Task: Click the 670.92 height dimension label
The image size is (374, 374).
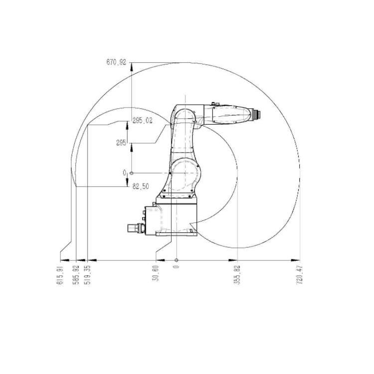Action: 116,62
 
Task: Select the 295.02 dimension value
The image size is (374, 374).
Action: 143,121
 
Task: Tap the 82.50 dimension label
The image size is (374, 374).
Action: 141,187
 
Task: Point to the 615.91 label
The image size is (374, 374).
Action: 60,275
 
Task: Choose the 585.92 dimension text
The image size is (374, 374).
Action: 76,275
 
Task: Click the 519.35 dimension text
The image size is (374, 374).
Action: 88,275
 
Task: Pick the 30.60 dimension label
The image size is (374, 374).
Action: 156,273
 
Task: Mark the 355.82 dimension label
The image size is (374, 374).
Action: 237,275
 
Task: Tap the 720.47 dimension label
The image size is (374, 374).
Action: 300,275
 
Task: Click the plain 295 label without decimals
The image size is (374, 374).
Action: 121,143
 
